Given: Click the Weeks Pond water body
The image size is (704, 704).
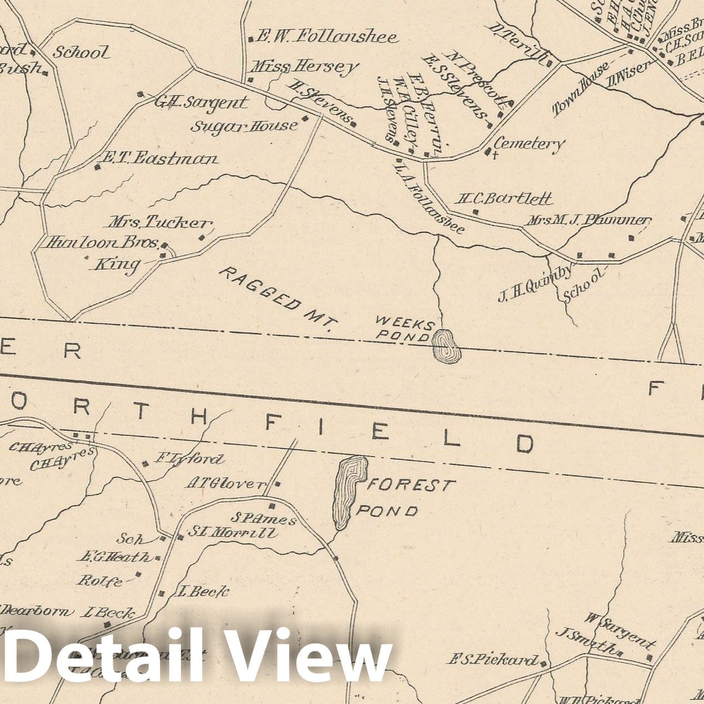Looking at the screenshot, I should pyautogui.click(x=446, y=346).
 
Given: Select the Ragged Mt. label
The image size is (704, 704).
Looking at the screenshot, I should pyautogui.click(x=275, y=299).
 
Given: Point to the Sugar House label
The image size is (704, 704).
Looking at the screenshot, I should pyautogui.click(x=244, y=126).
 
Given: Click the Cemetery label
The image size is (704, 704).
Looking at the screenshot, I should pyautogui.click(x=529, y=144).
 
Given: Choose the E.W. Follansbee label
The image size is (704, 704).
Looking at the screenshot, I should pyautogui.click(x=326, y=37).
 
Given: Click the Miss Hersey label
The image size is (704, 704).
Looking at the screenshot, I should pyautogui.click(x=304, y=67).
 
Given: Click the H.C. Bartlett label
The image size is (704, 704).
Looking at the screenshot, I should pyautogui.click(x=505, y=198).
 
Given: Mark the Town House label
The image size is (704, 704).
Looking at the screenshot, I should pyautogui.click(x=581, y=89).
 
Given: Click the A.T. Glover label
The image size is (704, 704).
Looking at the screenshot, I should pyautogui.click(x=226, y=484).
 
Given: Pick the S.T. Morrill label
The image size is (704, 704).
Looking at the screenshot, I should pyautogui.click(x=232, y=532).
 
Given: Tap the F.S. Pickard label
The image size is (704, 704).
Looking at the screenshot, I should pyautogui.click(x=492, y=660).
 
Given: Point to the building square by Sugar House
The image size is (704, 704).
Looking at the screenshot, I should pyautogui.click(x=305, y=118).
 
